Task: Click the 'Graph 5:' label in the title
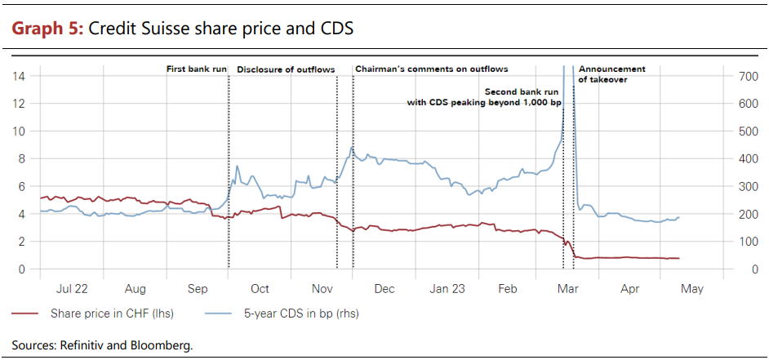pos(46,29)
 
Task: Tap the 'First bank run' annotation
pos(197,69)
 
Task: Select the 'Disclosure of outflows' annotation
pos(286,69)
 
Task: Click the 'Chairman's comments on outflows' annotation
pos(431,69)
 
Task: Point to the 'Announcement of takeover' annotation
pos(611,74)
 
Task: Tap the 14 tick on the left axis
pos(21,76)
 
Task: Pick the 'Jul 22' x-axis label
pos(73,289)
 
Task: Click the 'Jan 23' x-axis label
pos(447,289)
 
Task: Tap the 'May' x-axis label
pos(691,289)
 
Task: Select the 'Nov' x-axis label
pos(322,289)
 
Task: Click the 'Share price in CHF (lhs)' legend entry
pos(111,313)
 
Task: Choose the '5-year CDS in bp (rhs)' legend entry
pos(301,313)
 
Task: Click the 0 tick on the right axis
pos(755,269)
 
